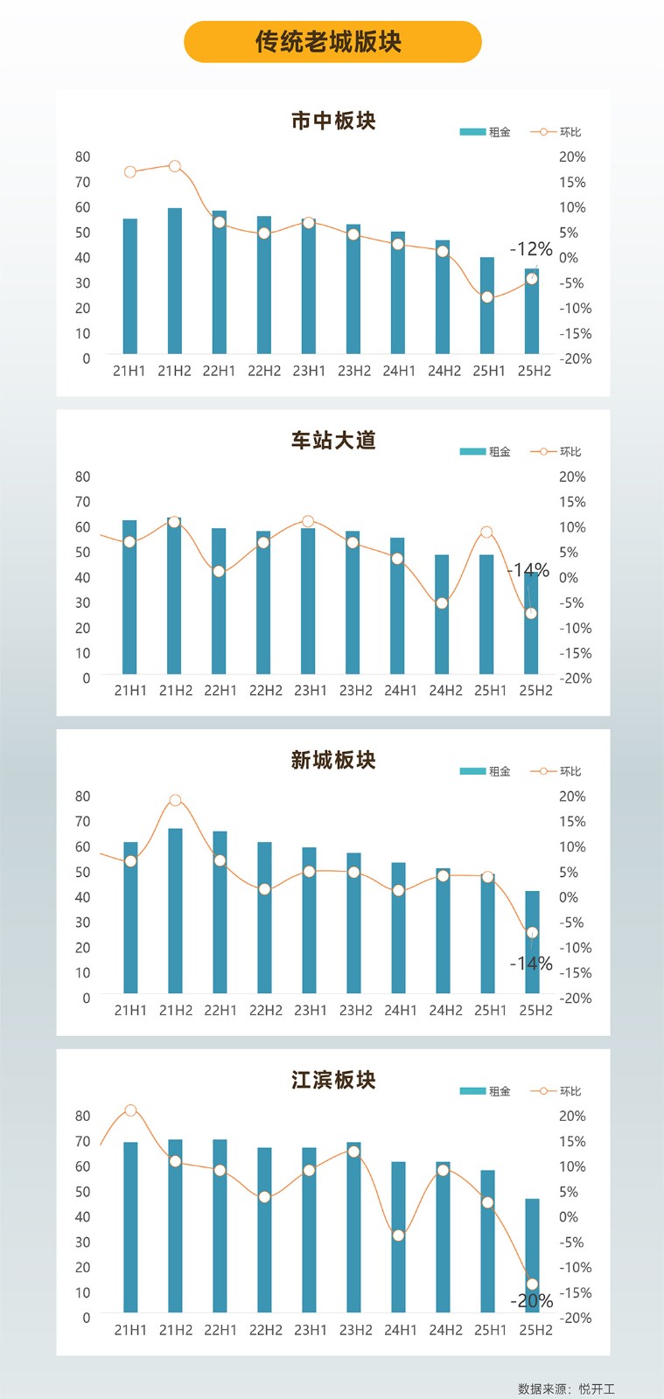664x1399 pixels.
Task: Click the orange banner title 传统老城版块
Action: coord(332,42)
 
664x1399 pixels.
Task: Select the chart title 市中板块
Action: coord(333,121)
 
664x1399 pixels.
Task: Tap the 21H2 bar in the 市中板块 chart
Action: coord(175,280)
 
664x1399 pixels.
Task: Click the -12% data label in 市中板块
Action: coord(531,249)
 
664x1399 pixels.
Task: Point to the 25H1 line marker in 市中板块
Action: coord(487,297)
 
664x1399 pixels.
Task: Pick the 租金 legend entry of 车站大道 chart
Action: coord(486,452)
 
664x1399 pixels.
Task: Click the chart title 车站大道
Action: coord(333,441)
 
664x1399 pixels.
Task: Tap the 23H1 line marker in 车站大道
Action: coord(308,522)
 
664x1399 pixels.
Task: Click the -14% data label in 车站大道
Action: coord(528,570)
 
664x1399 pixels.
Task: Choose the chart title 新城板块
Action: coord(333,760)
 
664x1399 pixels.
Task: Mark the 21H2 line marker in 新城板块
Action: coord(175,800)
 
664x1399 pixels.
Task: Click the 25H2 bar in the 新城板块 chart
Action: coord(532,942)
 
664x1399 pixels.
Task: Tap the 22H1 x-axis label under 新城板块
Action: coord(220,1010)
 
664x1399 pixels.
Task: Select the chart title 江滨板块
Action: coord(333,1080)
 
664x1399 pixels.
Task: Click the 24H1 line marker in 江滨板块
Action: coord(398,1235)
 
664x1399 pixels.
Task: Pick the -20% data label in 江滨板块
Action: coord(532,1301)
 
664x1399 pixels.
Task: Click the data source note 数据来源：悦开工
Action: coord(566,1389)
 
